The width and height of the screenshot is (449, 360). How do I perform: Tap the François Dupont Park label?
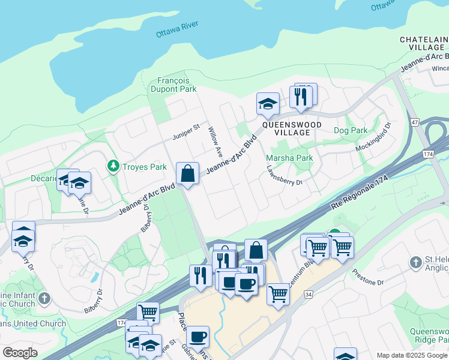(x=177, y=85)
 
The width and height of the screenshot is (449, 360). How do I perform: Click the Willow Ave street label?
(x=215, y=139)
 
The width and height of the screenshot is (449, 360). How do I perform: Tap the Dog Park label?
(x=351, y=130)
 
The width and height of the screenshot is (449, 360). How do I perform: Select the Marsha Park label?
(x=289, y=158)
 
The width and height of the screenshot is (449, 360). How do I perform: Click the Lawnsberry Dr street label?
(x=285, y=176)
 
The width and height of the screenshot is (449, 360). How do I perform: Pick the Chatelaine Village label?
(x=424, y=43)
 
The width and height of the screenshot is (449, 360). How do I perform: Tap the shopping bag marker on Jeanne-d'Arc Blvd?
(x=188, y=174)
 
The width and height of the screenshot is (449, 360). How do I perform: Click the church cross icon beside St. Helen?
(x=415, y=262)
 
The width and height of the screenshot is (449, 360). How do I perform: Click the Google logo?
(x=20, y=353)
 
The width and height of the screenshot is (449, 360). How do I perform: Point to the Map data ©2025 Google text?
(x=411, y=355)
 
